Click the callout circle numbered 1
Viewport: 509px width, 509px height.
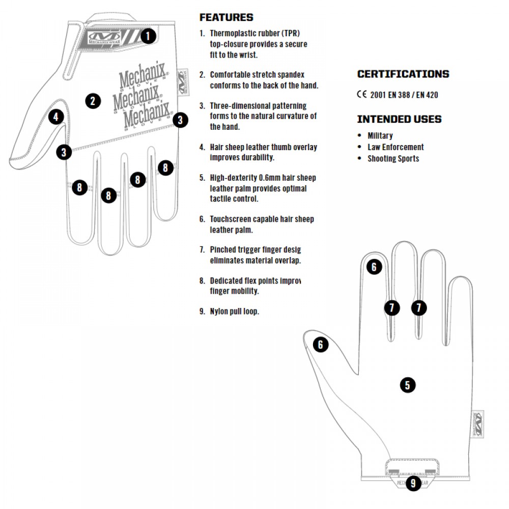click(x=148, y=36)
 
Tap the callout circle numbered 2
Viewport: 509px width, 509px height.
click(x=93, y=100)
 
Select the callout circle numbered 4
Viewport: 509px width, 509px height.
click(x=56, y=117)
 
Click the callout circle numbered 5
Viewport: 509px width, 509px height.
click(x=407, y=385)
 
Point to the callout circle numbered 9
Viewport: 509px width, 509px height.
click(x=413, y=483)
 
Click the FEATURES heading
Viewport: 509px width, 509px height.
click(x=226, y=17)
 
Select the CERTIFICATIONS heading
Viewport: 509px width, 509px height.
click(x=403, y=74)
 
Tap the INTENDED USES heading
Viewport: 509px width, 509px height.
click(x=399, y=119)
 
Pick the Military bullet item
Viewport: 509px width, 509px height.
click(x=380, y=136)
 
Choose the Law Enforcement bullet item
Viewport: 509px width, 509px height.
click(x=395, y=147)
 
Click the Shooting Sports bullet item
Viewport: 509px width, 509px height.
click(x=393, y=158)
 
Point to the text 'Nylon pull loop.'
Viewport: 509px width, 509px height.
click(x=234, y=312)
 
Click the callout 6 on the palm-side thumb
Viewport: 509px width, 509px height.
click(x=320, y=345)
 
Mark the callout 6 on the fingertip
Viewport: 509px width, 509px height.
click(x=374, y=267)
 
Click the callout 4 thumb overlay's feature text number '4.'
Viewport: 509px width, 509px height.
click(x=202, y=147)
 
